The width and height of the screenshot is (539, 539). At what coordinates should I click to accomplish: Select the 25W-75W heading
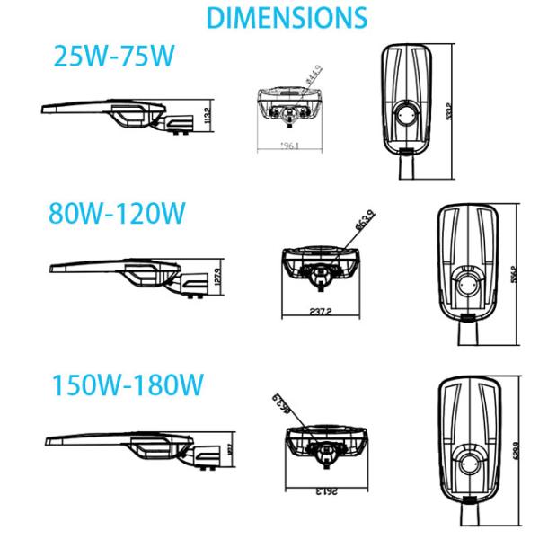113,58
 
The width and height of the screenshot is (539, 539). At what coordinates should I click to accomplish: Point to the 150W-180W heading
127,386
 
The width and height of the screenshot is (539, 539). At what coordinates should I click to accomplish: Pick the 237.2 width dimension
319,311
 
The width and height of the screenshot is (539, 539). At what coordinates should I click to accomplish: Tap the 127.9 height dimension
217,273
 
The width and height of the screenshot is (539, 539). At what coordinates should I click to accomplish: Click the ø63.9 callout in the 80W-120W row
350,221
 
